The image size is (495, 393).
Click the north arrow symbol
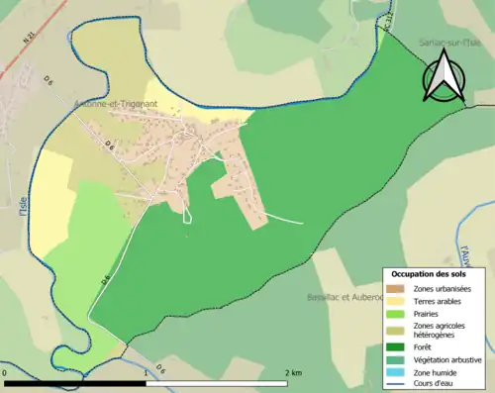click(x=444, y=76)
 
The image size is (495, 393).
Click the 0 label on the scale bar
click(x=5, y=372)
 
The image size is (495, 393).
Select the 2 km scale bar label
click(x=293, y=372)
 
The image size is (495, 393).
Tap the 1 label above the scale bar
click(x=147, y=372)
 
